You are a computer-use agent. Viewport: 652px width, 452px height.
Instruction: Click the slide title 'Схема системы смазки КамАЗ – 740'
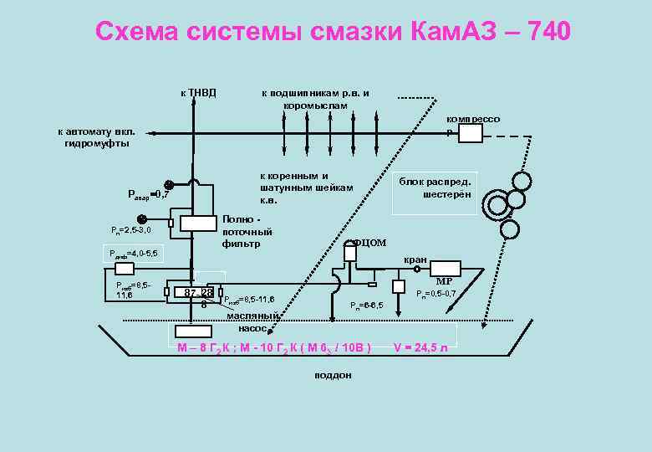[x=333, y=32]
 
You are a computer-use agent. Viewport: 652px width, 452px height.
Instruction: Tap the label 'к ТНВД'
[x=198, y=92]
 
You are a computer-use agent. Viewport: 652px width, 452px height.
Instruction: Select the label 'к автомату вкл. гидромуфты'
[x=96, y=138]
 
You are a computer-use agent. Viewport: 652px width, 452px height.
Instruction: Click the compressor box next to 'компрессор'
[x=471, y=133]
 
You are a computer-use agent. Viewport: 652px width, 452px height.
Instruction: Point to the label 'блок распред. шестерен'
[x=435, y=188]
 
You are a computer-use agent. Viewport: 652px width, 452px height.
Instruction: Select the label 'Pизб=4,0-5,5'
[x=127, y=253]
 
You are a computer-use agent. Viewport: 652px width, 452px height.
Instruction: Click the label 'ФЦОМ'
[x=369, y=243]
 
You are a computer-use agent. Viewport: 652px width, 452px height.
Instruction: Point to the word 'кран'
[x=415, y=259]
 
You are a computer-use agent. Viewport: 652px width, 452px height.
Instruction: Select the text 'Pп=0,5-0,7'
[x=436, y=294]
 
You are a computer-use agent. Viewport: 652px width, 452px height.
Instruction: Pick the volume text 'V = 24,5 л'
[x=426, y=347]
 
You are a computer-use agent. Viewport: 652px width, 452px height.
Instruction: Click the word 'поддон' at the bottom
[x=333, y=375]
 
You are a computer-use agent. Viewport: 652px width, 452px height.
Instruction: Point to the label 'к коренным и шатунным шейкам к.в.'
[x=307, y=188]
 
